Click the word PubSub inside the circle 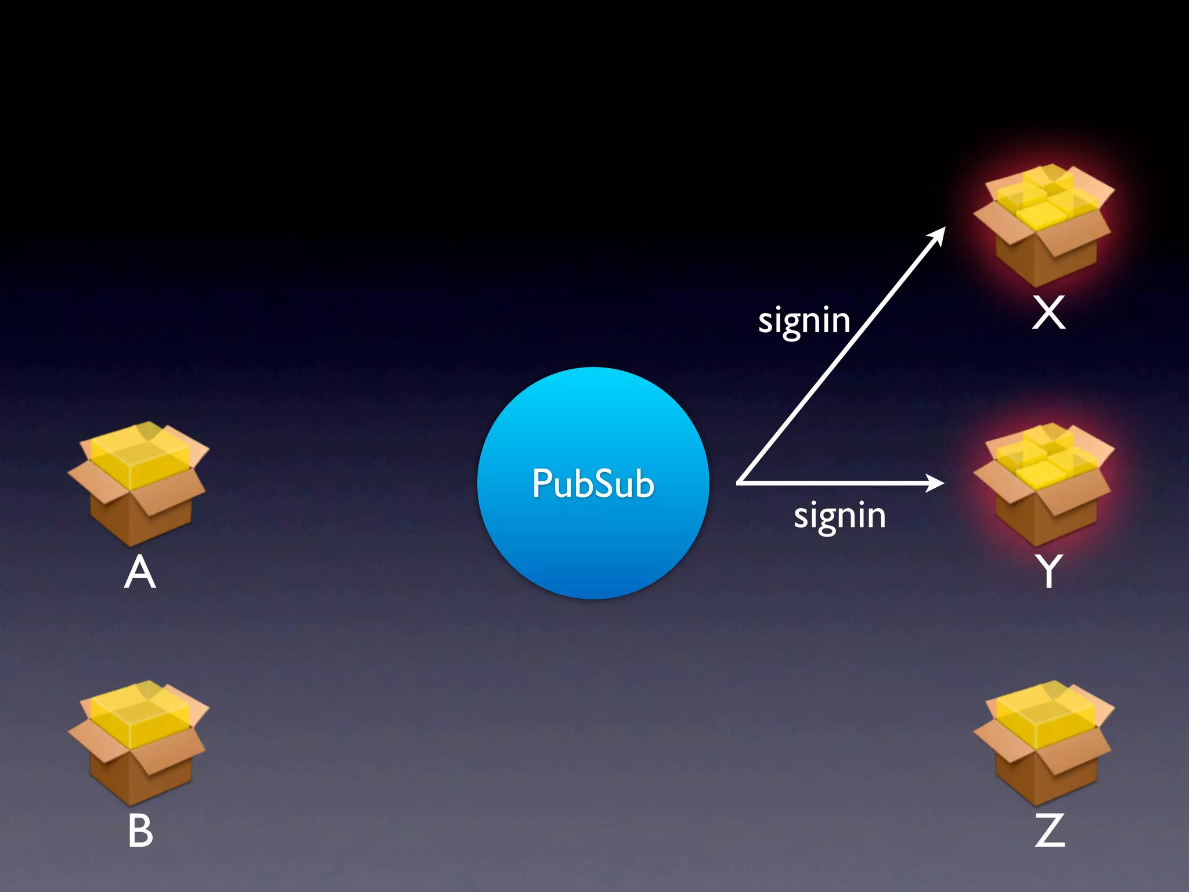point(593,484)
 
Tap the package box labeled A point(138,485)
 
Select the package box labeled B point(138,743)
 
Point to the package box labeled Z point(1044,743)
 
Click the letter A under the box point(140,573)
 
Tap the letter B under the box point(140,831)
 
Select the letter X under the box point(1049,313)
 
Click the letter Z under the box point(1050,830)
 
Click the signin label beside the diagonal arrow point(804,321)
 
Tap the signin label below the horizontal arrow point(839,516)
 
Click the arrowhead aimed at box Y point(935,483)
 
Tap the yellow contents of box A point(139,456)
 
